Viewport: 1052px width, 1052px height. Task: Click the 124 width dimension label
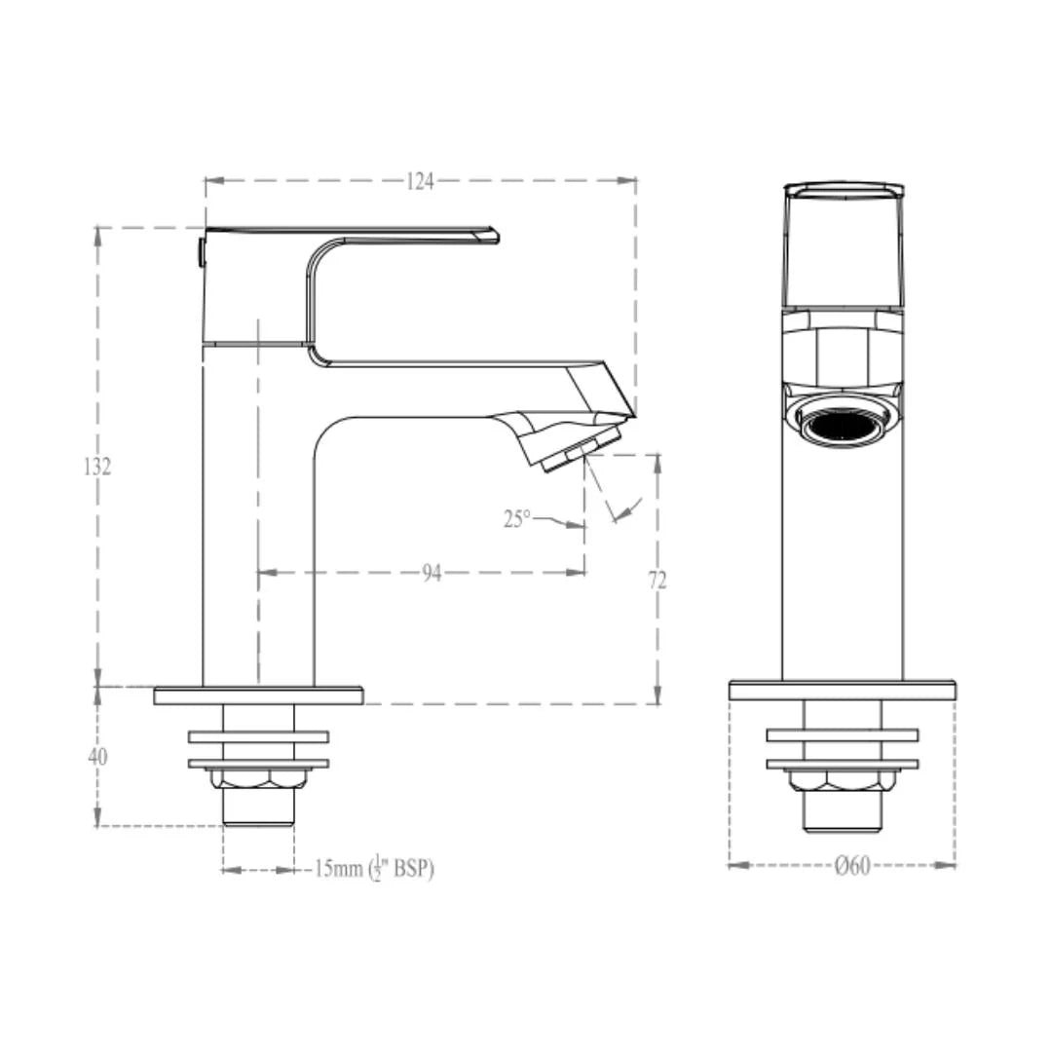(x=420, y=181)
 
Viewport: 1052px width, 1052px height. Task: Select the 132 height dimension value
(x=96, y=467)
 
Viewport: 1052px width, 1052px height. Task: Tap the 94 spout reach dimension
(x=432, y=574)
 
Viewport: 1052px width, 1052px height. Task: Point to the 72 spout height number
(x=657, y=581)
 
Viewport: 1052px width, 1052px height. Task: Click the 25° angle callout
(x=517, y=519)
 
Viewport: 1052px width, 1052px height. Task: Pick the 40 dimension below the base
(x=97, y=757)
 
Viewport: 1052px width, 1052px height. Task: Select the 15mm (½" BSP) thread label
(x=374, y=869)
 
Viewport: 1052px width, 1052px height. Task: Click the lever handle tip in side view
(x=487, y=235)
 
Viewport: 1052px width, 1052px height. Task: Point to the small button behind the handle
(x=201, y=251)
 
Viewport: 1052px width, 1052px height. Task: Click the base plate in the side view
(x=258, y=695)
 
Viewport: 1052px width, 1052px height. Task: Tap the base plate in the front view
(x=842, y=691)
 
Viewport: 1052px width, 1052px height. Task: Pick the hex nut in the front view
(x=842, y=781)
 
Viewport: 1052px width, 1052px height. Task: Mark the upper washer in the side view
(x=258, y=736)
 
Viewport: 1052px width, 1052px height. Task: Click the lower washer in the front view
(x=842, y=764)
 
